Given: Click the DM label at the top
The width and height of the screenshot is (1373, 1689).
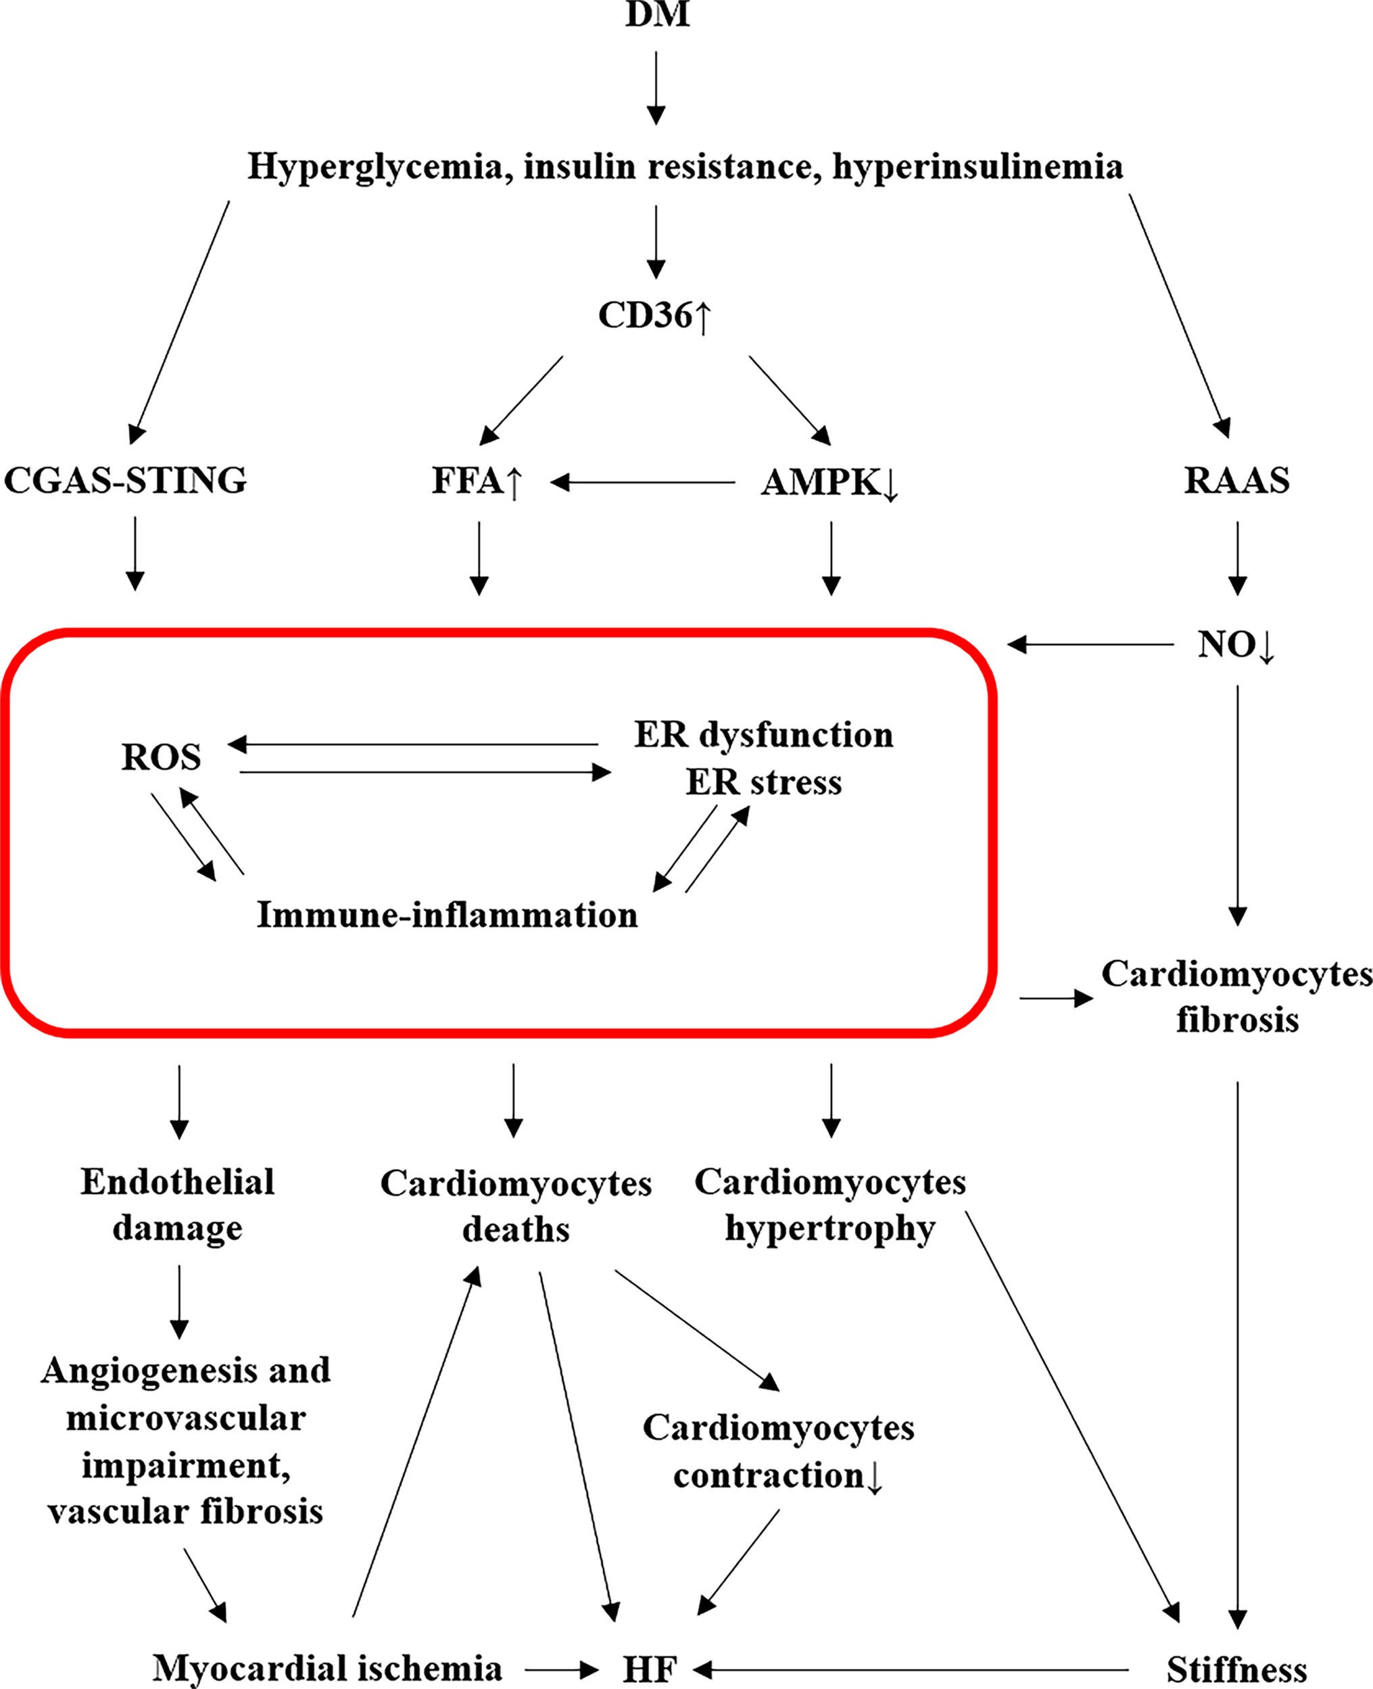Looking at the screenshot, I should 657,14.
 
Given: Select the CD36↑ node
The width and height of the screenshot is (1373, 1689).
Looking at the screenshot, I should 655,315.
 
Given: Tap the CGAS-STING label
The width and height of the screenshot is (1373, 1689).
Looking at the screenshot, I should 126,480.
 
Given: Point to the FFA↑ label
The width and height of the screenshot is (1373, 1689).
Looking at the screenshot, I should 477,481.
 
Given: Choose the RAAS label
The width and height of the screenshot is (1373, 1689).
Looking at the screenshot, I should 1236,480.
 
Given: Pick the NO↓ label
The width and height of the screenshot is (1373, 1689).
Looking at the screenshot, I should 1235,645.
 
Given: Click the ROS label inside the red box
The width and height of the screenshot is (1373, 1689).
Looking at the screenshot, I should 162,757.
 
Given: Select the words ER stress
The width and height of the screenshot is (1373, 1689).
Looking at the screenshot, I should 763,782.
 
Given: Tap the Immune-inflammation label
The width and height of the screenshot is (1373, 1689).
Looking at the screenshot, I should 447,915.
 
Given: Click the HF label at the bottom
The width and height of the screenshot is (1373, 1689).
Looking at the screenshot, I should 650,1670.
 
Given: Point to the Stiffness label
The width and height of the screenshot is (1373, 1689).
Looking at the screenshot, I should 1236,1670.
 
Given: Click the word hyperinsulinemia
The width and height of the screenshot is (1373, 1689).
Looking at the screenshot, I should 978,166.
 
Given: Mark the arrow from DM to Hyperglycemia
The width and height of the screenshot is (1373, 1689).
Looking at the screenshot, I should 656,87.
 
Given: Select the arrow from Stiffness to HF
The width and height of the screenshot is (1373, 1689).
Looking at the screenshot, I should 909,1670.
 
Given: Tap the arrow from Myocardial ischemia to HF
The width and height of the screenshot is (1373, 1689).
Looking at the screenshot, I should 560,1670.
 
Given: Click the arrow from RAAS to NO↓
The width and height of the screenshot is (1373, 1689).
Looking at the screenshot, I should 1238,558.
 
